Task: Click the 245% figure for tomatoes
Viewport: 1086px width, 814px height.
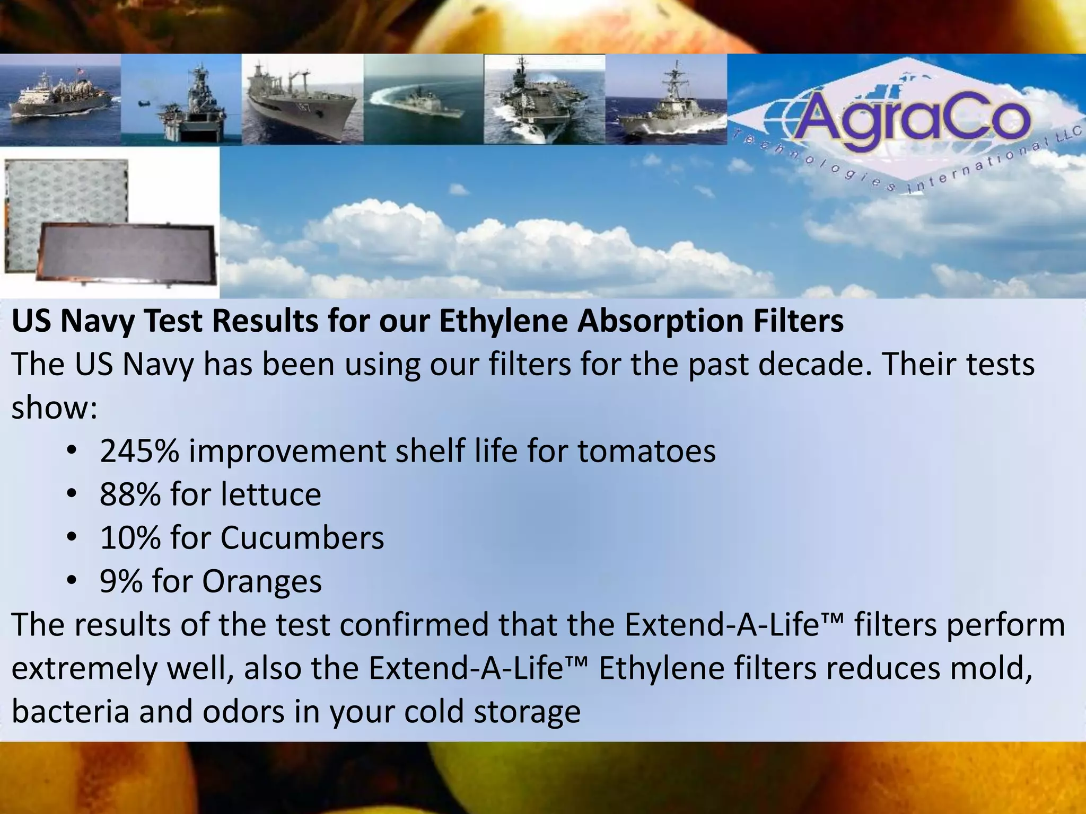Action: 139,451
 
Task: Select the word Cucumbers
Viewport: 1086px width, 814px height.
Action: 302,538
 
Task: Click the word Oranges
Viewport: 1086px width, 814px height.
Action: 261,582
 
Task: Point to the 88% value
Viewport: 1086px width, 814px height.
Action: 130,494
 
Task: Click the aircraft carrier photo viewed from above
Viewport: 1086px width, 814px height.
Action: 544,99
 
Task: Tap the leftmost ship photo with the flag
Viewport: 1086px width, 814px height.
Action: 60,99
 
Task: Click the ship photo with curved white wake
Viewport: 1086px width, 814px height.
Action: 423,99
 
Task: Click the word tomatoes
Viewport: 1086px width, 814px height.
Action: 646,451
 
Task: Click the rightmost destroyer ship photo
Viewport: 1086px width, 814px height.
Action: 665,99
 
